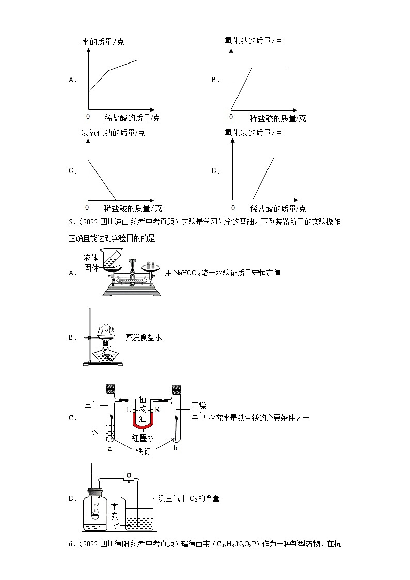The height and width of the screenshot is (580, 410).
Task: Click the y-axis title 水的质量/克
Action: click(103, 42)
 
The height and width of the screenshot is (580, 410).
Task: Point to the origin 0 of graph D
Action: click(233, 207)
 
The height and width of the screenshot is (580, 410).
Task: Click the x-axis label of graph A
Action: click(132, 118)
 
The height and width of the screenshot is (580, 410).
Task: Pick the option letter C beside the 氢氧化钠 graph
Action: click(72, 171)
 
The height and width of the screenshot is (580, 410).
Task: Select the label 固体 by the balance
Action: click(91, 268)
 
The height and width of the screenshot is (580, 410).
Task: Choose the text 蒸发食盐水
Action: click(144, 337)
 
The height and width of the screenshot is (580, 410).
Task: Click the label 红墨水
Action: click(143, 438)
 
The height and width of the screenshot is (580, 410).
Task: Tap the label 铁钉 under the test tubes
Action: click(143, 451)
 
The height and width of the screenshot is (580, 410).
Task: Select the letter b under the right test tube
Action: click(175, 448)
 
